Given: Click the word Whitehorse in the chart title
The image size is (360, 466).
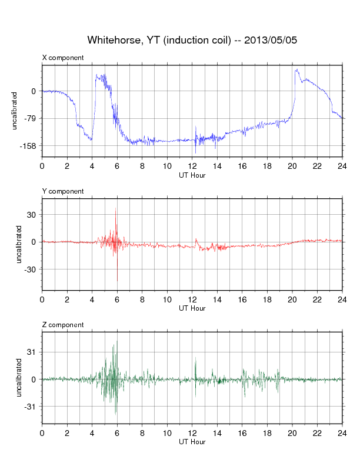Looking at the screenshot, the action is (113, 40).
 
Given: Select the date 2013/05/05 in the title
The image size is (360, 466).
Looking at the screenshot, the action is (271, 40).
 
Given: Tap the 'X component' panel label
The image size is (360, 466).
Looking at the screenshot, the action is (63, 58).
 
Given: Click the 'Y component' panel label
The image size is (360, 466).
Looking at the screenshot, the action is (63, 191).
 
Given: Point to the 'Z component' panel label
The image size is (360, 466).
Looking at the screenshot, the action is (63, 325).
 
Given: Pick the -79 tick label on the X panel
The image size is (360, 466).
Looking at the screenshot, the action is (30, 119).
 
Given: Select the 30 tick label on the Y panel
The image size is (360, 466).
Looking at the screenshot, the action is (31, 215).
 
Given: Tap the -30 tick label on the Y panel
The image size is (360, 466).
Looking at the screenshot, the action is (30, 269).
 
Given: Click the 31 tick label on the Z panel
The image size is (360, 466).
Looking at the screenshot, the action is (31, 352).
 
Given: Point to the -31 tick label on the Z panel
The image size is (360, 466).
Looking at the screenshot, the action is (30, 407).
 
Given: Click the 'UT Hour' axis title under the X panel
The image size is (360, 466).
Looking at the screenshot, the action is (192, 175).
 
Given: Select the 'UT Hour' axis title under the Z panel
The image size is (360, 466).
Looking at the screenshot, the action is (192, 442).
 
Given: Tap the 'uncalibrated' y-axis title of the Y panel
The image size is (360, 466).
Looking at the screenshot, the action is (19, 244).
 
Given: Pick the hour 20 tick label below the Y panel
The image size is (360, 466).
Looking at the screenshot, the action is (292, 299).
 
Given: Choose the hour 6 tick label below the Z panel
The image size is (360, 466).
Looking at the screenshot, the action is (117, 433).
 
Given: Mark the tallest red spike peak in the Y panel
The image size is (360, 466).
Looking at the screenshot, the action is (115, 208).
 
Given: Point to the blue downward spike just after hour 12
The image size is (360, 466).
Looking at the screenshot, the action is (195, 153).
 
